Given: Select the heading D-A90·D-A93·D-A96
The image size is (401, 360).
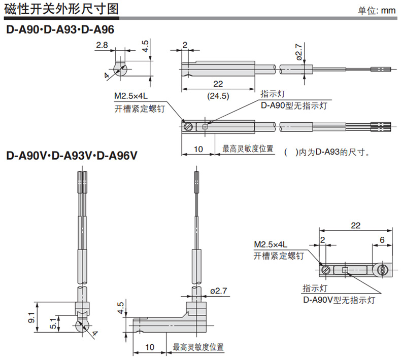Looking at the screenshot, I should [60, 30].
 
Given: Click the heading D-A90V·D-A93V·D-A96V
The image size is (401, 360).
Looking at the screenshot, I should [72, 155].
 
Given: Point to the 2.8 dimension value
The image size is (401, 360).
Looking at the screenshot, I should [102, 46].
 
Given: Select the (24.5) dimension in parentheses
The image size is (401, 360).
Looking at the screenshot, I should [219, 95].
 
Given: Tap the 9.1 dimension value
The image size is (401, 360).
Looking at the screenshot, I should [31, 319].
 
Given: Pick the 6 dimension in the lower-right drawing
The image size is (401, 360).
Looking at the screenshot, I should [382, 239].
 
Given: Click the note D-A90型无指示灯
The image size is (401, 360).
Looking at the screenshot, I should [293, 105].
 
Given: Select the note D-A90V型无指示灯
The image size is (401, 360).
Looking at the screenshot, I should [339, 300].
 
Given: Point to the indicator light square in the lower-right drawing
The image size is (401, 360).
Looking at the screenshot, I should [345, 270].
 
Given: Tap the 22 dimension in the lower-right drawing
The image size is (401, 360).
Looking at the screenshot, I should [355, 225].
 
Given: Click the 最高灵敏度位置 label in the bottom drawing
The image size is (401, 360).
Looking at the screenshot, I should [198, 348].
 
